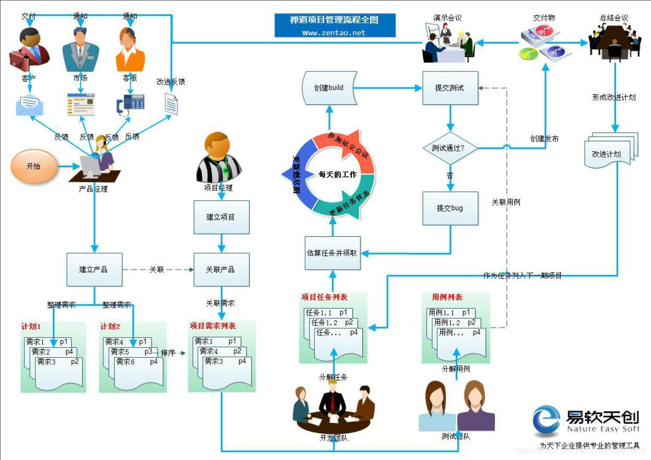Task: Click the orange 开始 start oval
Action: pos(33,166)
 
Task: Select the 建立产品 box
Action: pos(94,270)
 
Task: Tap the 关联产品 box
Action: pos(221,270)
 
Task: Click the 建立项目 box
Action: pos(221,217)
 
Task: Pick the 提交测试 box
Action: pos(449,88)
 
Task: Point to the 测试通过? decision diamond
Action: pos(449,148)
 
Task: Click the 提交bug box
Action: pos(450,208)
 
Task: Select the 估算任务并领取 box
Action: pos(333,253)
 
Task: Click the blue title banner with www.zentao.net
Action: pos(335,26)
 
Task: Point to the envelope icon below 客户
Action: pos(29,105)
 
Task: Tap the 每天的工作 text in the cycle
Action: pos(338,174)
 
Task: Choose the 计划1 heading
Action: pos(31,327)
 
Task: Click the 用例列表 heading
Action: pos(447,297)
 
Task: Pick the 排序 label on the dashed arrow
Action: pos(169,353)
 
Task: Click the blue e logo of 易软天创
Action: pos(546,421)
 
